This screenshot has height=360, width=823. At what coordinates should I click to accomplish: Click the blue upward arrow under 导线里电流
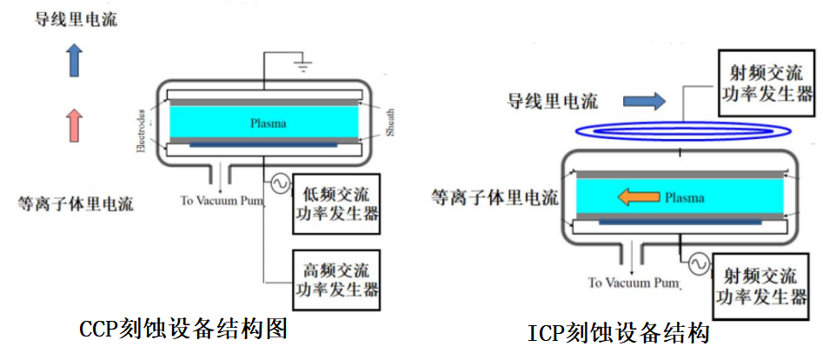click(x=75, y=61)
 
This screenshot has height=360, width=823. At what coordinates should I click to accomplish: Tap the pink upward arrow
click(x=75, y=124)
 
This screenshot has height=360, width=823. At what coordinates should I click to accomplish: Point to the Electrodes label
click(x=141, y=130)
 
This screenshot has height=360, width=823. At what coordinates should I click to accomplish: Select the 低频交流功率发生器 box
click(x=336, y=203)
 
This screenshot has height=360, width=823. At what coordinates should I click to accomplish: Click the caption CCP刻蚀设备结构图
click(x=183, y=330)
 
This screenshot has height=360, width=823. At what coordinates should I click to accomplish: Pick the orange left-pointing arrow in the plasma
click(x=638, y=197)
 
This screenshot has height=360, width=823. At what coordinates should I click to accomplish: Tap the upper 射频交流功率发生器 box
click(x=767, y=84)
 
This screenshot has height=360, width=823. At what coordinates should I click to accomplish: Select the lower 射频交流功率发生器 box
click(x=761, y=286)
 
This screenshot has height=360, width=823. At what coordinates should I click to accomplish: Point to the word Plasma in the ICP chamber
click(x=685, y=198)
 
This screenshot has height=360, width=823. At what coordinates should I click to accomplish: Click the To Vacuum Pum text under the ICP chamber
click(x=634, y=283)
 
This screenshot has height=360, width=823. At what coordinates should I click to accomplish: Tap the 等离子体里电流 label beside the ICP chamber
click(x=494, y=197)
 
